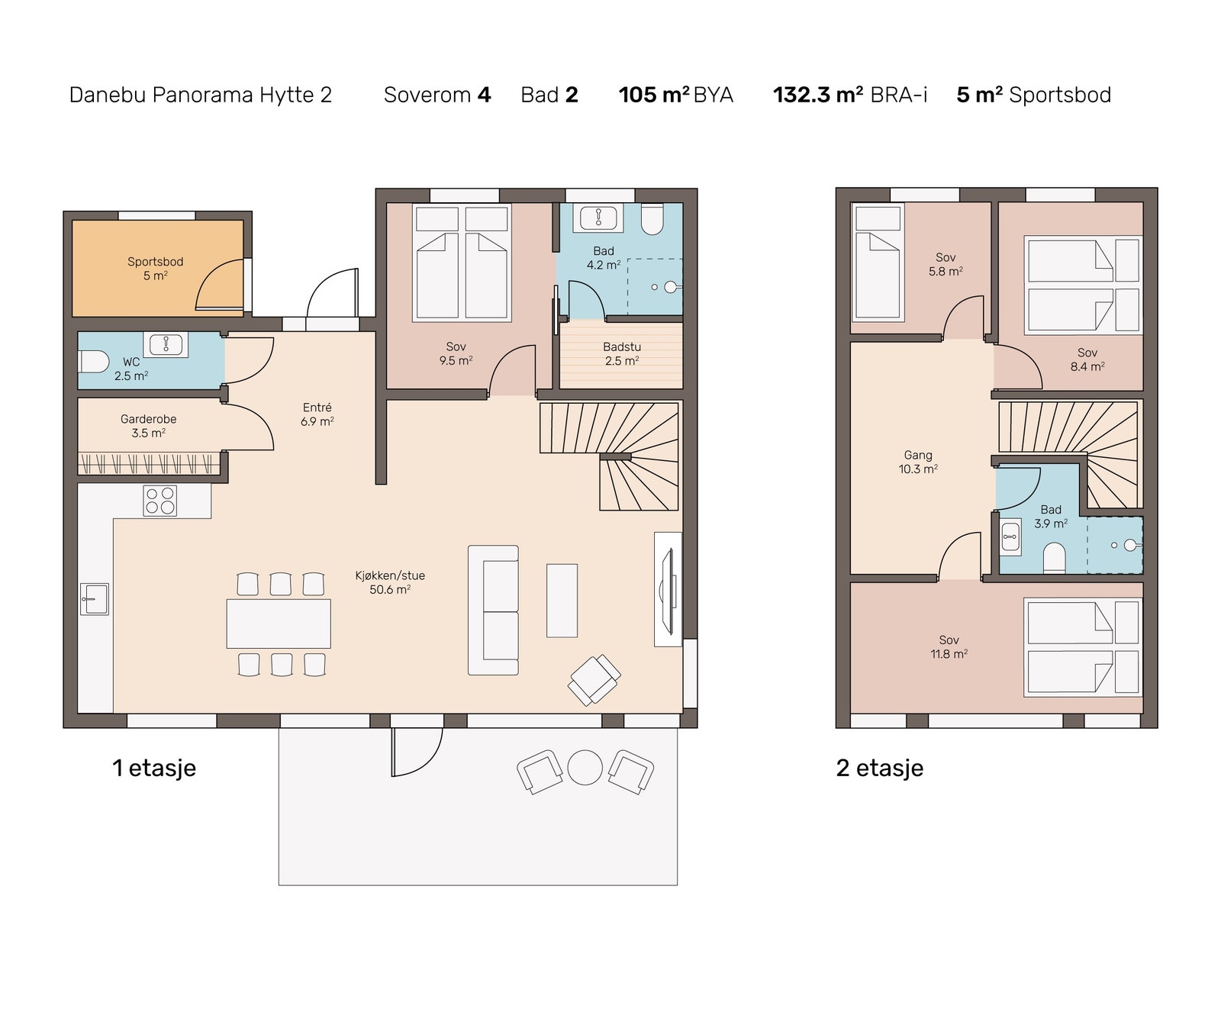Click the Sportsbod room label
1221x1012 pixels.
pos(155,269)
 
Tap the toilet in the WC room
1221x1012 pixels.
pos(93,361)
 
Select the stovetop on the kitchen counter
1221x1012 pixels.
pos(160,501)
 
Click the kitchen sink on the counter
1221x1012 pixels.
pos(95,599)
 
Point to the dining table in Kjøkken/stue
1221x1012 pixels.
pos(279,624)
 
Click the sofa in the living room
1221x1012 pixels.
pos(493,610)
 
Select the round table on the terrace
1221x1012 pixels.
pos(585,768)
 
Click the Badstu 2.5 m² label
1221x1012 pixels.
pos(622,354)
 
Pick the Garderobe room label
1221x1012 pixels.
pos(149,426)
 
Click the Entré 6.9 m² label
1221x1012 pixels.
pos(317,414)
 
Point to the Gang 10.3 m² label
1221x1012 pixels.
pos(918,462)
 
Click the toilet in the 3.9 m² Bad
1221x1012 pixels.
pos(1054,558)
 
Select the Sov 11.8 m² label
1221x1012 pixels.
pos(949,647)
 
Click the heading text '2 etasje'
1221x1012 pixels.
pos(880,768)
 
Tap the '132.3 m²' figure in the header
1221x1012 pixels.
pos(818,95)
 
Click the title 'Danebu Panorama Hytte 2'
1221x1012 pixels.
pos(201,95)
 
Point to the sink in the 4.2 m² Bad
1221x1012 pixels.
pos(599,218)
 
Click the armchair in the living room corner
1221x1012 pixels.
pos(594,679)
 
